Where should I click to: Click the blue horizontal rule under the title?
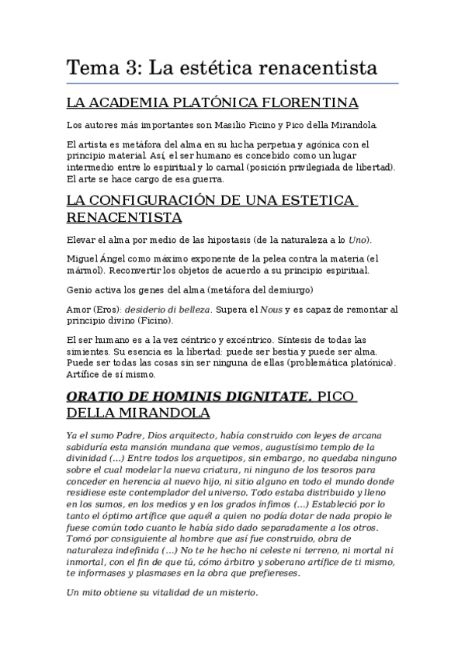tap(232, 83)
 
